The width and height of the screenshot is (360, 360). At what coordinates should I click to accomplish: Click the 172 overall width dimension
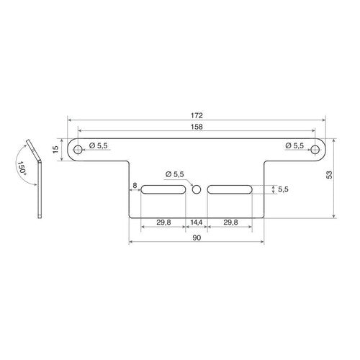pyautogui.click(x=197, y=115)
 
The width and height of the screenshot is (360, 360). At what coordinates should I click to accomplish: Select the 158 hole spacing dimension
pyautogui.click(x=197, y=127)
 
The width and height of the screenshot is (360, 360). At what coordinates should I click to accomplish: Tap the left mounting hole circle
pyautogui.click(x=78, y=150)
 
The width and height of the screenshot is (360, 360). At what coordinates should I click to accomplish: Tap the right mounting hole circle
pyautogui.click(x=315, y=150)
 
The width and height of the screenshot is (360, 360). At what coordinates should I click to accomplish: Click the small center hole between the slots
pyautogui.click(x=197, y=189)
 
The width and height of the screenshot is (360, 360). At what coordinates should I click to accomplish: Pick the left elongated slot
pyautogui.click(x=163, y=189)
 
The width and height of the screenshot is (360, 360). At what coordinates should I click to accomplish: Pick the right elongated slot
pyautogui.click(x=230, y=189)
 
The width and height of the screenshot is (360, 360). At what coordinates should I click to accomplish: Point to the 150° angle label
pyautogui.click(x=22, y=168)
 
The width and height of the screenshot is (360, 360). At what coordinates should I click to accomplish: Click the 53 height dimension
pyautogui.click(x=330, y=175)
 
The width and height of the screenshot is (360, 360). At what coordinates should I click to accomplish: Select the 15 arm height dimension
pyautogui.click(x=55, y=150)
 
